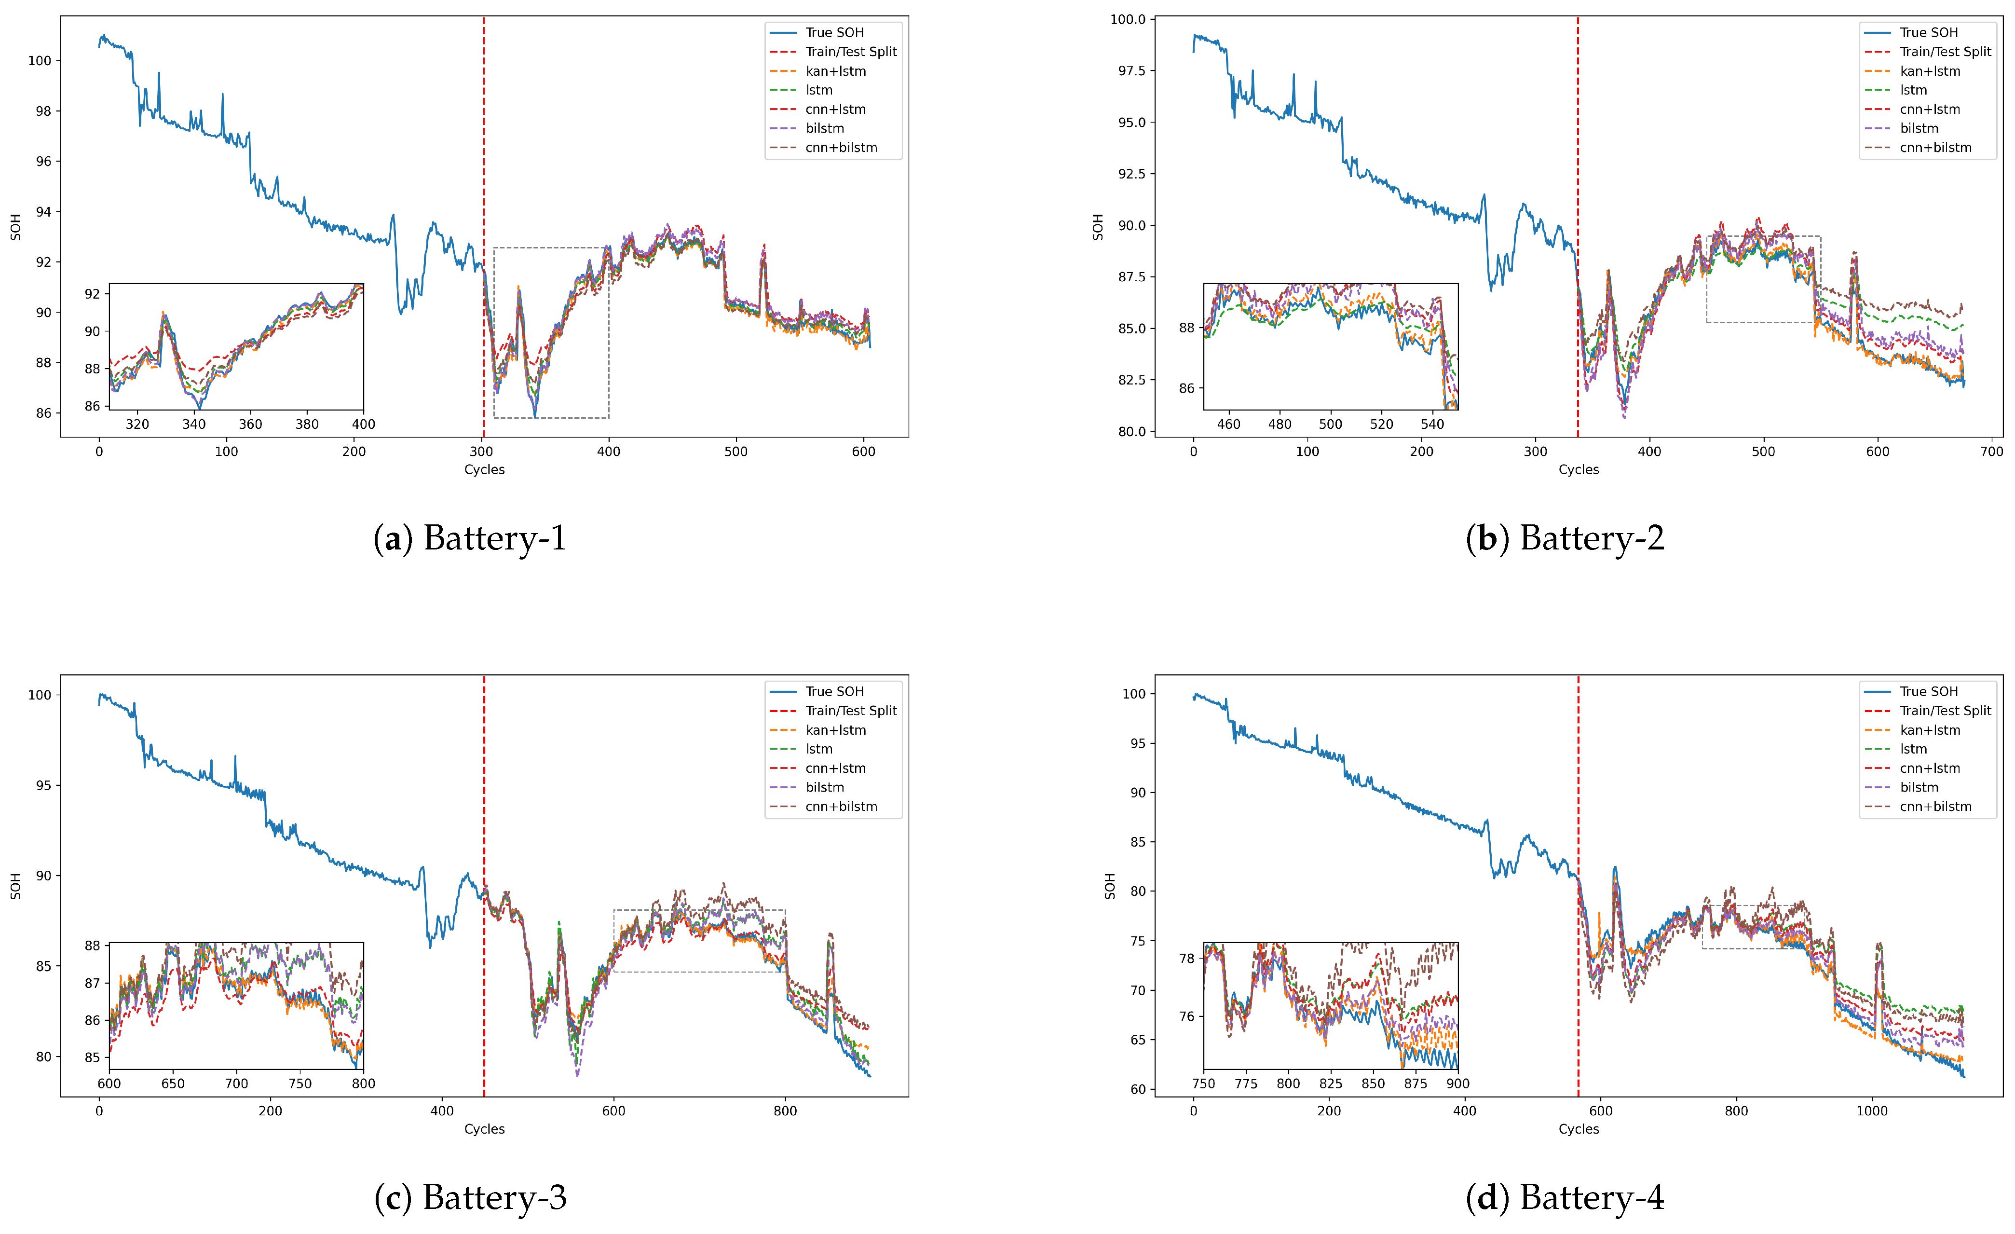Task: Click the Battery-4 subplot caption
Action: [x=1565, y=1197]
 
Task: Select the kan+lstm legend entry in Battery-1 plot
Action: [x=835, y=71]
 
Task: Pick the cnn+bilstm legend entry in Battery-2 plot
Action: [x=1935, y=147]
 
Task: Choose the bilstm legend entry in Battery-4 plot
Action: [x=1919, y=787]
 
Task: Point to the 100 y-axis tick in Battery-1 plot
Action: [x=39, y=60]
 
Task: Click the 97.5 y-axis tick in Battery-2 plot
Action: [x=1132, y=70]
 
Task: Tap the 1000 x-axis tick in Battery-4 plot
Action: [x=1871, y=1111]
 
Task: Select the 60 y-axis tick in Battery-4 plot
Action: [x=1138, y=1089]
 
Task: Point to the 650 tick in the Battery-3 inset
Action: [x=173, y=1083]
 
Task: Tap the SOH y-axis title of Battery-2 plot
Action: [x=1098, y=227]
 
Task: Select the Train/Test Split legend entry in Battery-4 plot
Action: [x=1945, y=711]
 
